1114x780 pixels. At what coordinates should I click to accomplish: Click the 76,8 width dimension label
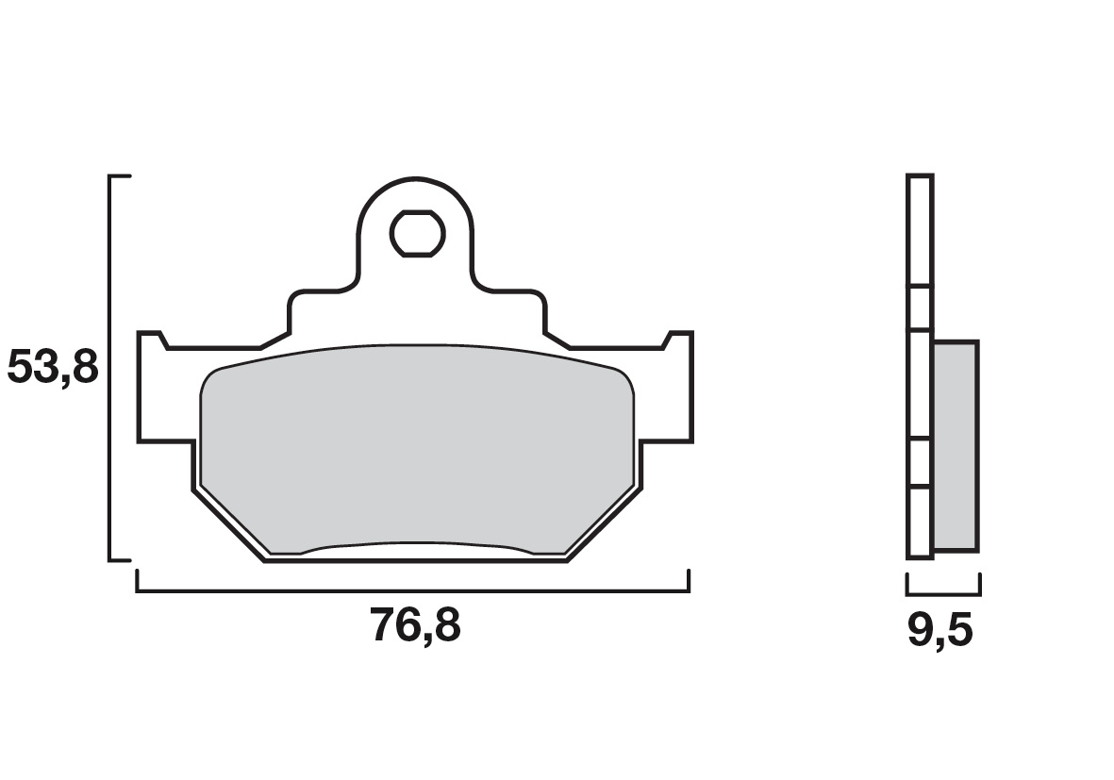click(x=416, y=626)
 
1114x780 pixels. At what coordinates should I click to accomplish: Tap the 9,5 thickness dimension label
click(x=939, y=630)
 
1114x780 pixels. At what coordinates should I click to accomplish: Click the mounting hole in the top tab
click(x=418, y=233)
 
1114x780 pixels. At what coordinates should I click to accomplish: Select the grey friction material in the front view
click(x=417, y=448)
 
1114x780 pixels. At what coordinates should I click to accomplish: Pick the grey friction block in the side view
click(x=956, y=445)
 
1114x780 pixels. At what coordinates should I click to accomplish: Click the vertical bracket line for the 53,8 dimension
click(x=110, y=368)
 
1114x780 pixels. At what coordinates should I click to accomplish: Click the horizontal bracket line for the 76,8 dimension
click(x=413, y=590)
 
